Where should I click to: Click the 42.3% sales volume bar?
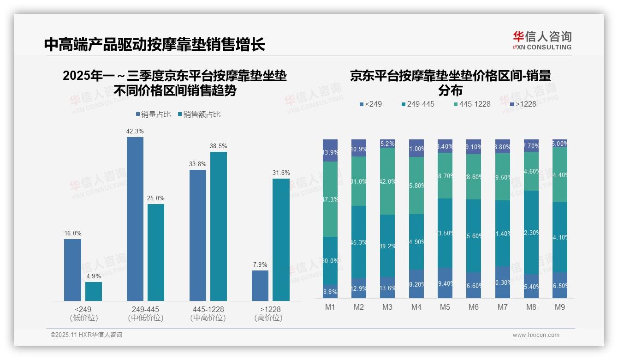pyautogui.click(x=135, y=219)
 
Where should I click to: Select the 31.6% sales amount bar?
pyautogui.click(x=281, y=240)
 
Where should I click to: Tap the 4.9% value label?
pyautogui.click(x=94, y=276)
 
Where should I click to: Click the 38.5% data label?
pyautogui.click(x=218, y=146)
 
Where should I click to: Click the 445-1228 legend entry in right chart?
pyautogui.click(x=471, y=104)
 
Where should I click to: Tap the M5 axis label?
pyautogui.click(x=445, y=307)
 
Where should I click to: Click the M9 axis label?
pyautogui.click(x=559, y=307)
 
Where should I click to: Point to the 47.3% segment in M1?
pyautogui.click(x=330, y=199)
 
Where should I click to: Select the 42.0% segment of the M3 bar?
pyautogui.click(x=387, y=181)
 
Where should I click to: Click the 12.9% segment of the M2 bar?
pyautogui.click(x=359, y=288)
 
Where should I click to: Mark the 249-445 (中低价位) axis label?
pyautogui.click(x=145, y=313)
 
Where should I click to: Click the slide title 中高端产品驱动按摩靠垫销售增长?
pyautogui.click(x=154, y=45)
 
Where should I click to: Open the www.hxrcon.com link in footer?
pyautogui.click(x=536, y=335)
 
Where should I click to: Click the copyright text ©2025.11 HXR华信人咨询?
pyautogui.click(x=86, y=335)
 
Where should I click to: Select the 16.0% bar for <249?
pyautogui.click(x=72, y=270)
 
